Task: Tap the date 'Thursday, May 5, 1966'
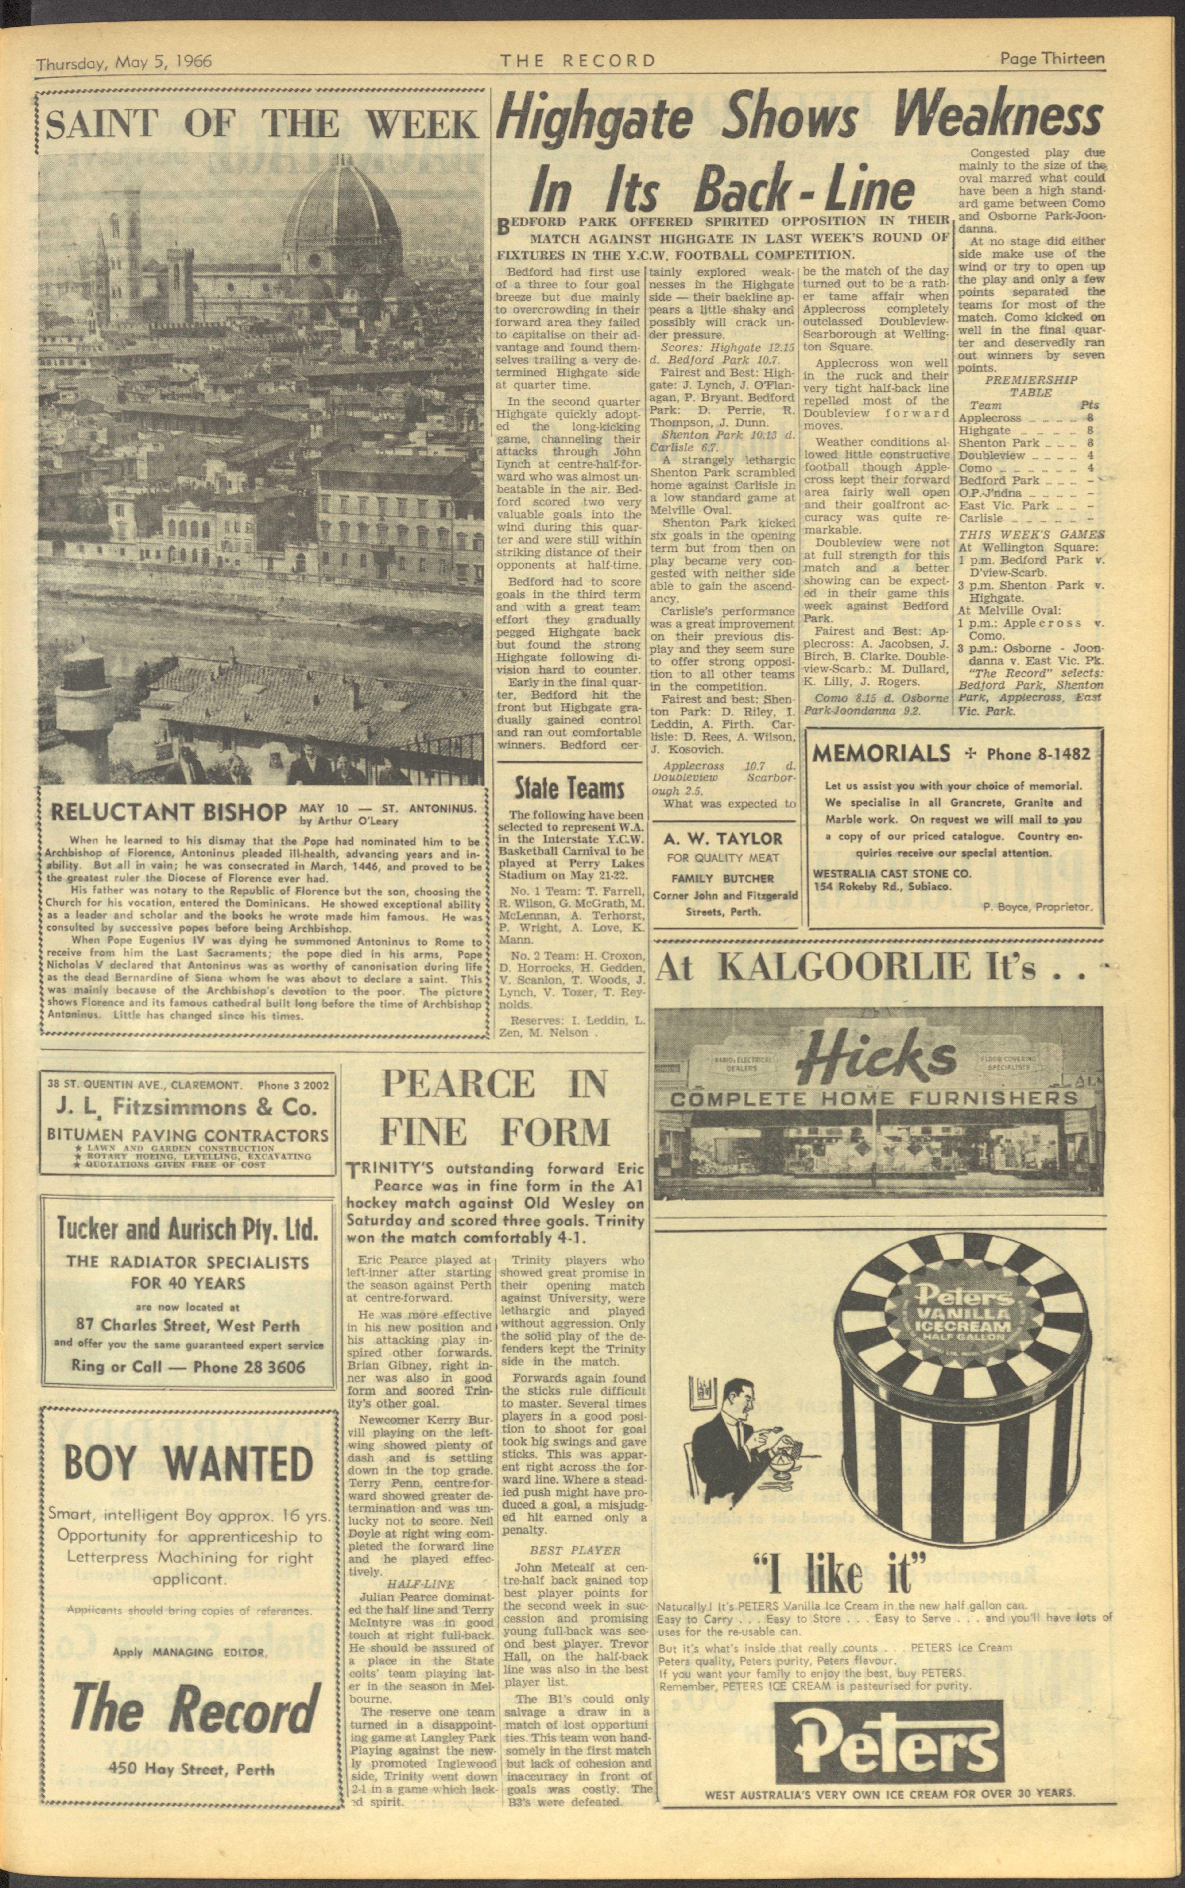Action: (x=124, y=62)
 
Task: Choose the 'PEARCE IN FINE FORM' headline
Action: (x=495, y=1108)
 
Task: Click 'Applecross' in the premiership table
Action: (x=989, y=418)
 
